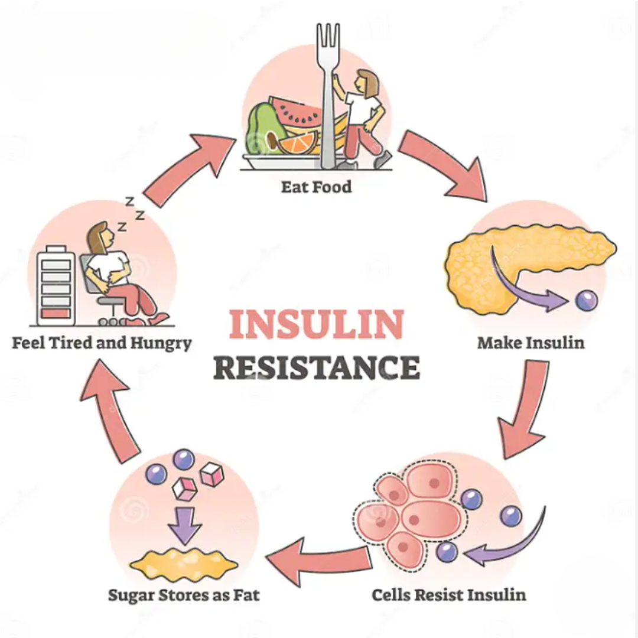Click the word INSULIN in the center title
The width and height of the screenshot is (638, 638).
pyautogui.click(x=316, y=324)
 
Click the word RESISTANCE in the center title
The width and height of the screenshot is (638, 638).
pyautogui.click(x=317, y=367)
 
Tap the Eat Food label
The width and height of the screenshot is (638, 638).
pyautogui.click(x=316, y=187)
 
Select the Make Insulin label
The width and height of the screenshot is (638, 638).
pyautogui.click(x=530, y=343)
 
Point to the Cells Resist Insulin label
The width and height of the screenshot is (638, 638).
pyautogui.click(x=449, y=595)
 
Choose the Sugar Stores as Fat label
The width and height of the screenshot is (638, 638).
pyautogui.click(x=184, y=595)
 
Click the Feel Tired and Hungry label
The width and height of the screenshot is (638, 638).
pyautogui.click(x=102, y=343)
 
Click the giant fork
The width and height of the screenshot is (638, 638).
pyautogui.click(x=328, y=96)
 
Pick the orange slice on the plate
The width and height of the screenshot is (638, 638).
pyautogui.click(x=298, y=143)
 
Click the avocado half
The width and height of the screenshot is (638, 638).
pyautogui.click(x=266, y=128)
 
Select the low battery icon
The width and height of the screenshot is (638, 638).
pyautogui.click(x=56, y=285)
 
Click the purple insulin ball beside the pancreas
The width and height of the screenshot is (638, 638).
pyautogui.click(x=587, y=301)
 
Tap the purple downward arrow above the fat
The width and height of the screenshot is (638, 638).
pyautogui.click(x=185, y=526)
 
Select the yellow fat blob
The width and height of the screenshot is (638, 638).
pyautogui.click(x=184, y=564)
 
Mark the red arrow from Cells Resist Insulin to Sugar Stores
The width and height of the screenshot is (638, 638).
pyautogui.click(x=319, y=561)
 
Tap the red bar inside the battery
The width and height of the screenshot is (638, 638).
pyautogui.click(x=56, y=314)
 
